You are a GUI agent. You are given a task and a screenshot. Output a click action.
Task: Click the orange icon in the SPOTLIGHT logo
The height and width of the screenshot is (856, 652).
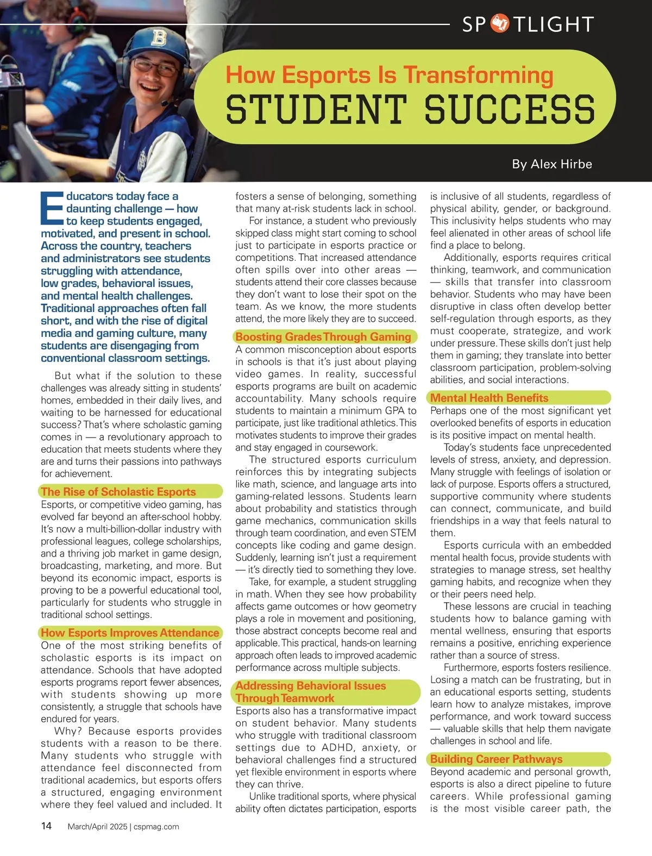[499, 24]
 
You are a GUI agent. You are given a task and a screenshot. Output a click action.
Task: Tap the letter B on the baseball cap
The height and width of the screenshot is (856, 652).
[158, 38]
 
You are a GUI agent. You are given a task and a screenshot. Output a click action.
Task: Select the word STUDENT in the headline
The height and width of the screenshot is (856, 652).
[316, 108]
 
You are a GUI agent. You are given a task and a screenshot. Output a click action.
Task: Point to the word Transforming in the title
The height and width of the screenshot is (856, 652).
[478, 75]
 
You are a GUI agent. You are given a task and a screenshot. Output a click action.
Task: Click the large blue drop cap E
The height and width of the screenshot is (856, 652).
[52, 208]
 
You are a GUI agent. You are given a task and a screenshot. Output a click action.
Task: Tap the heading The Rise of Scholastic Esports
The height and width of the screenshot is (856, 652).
[118, 492]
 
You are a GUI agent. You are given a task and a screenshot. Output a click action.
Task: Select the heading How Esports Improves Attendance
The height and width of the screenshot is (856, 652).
[130, 633]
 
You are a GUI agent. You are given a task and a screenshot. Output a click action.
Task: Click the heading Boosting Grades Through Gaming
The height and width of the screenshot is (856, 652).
[323, 337]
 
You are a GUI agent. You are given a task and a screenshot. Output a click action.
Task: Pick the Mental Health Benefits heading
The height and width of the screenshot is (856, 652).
[489, 398]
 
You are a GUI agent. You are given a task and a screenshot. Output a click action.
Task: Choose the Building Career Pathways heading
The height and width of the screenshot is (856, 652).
[496, 759]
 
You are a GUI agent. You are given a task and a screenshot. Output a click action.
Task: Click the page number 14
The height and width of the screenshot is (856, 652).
[47, 826]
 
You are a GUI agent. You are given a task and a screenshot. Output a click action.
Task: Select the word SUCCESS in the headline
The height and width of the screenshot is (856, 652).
[510, 108]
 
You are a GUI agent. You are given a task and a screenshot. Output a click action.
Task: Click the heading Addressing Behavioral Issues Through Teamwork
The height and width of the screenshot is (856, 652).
[311, 692]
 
